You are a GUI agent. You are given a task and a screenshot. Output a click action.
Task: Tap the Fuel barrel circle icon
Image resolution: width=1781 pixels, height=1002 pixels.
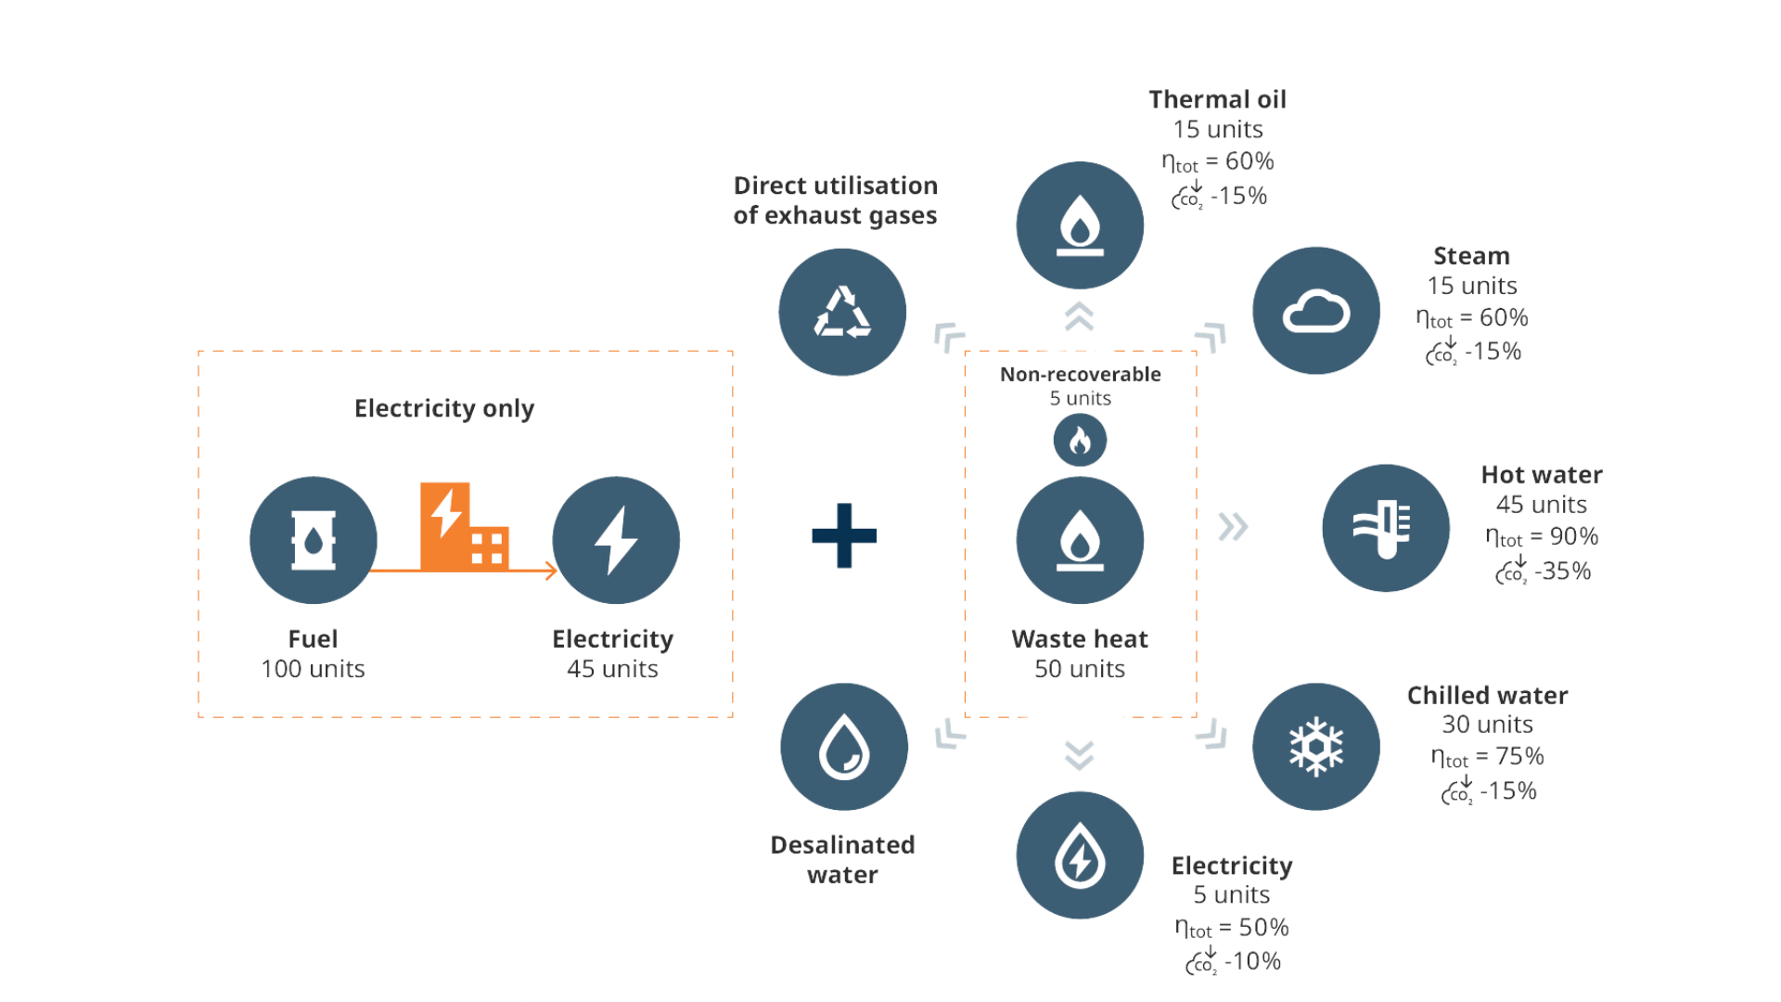click(314, 540)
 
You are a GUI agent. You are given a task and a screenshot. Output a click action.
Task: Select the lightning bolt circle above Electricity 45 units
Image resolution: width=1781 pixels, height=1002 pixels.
click(616, 540)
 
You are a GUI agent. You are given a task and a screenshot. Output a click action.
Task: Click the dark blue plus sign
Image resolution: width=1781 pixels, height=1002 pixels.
click(844, 535)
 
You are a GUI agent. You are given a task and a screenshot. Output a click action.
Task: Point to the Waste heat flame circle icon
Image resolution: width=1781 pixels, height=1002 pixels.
click(1080, 540)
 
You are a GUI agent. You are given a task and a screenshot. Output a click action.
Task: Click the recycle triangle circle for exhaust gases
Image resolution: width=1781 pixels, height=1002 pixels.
click(842, 312)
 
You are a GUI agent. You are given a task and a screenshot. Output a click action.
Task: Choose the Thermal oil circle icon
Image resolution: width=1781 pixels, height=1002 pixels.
click(1080, 225)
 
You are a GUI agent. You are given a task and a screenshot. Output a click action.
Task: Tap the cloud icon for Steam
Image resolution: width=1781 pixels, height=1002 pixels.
click(1316, 312)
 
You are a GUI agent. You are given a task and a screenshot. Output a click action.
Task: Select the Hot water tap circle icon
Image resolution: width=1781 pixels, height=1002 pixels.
click(1385, 528)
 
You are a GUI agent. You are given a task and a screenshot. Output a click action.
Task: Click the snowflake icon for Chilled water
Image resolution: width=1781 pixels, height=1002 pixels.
click(1316, 747)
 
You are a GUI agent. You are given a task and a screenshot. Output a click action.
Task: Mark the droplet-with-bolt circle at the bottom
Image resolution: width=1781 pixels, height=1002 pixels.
click(1080, 855)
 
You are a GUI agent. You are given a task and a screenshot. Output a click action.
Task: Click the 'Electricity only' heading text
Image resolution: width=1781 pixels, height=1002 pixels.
click(444, 408)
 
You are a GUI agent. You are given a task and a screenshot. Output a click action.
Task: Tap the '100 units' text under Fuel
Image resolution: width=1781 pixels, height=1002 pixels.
click(314, 669)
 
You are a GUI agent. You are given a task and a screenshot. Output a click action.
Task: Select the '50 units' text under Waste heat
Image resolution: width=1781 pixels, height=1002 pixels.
click(1079, 669)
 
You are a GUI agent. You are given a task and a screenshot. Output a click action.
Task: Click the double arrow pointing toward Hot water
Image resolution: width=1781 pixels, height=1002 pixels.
click(1233, 527)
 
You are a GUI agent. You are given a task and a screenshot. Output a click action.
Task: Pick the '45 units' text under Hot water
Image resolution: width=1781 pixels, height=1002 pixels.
click(1542, 505)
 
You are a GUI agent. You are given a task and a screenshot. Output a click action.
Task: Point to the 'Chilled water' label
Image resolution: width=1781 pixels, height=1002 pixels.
click(1487, 695)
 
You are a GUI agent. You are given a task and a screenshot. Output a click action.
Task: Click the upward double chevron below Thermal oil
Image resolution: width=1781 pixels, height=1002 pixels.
click(1080, 317)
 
